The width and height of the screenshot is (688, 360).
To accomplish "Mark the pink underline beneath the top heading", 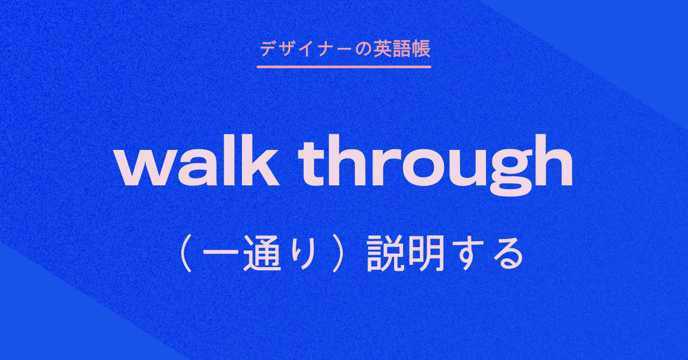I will [x=344, y=67].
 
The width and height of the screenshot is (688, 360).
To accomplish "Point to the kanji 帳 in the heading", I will [x=421, y=49].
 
